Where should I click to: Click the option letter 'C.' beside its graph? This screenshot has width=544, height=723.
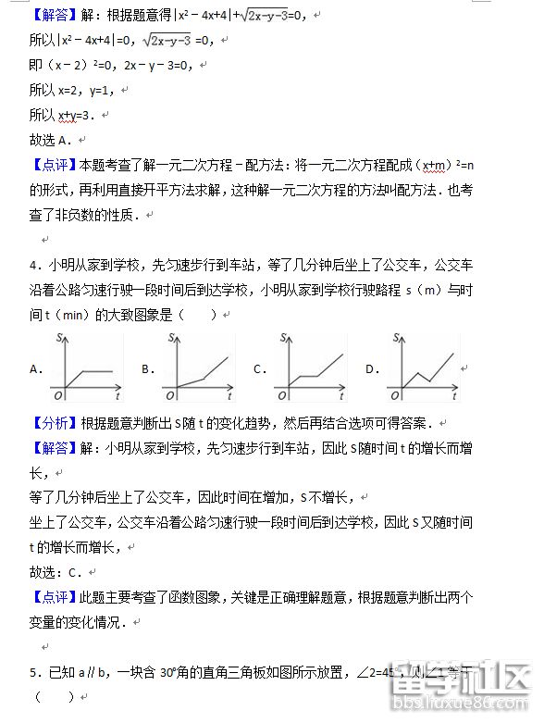(260, 369)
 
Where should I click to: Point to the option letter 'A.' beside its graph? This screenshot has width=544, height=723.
(37, 369)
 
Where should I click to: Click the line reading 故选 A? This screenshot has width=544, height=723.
(51, 140)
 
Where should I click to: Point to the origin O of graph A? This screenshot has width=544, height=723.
(59, 396)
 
